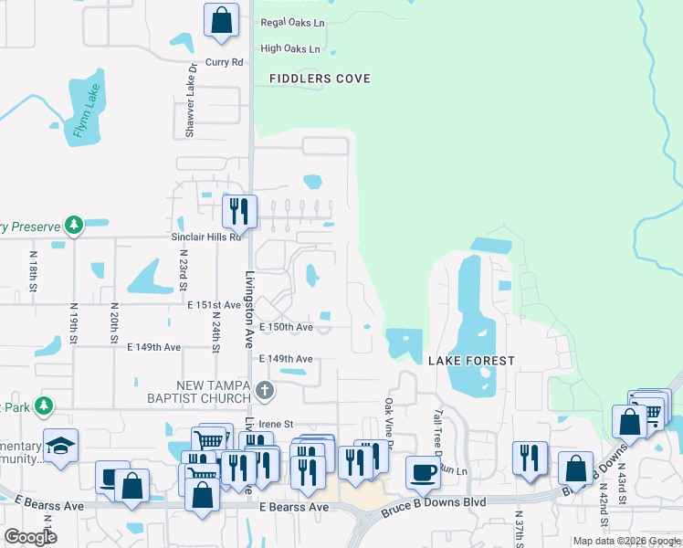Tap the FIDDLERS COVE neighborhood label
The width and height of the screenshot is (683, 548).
coord(320,79)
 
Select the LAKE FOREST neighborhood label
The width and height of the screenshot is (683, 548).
coord(472,362)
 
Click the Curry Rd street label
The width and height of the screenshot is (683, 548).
coord(225,62)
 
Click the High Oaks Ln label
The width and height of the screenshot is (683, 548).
coord(290,48)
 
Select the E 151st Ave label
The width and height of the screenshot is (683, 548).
coord(214,305)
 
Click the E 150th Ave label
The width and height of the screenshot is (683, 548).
coord(286,327)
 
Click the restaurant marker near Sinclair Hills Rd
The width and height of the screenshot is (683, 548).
coord(238,210)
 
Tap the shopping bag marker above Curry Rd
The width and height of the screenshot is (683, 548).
coord(221,20)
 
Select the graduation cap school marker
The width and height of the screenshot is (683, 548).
coord(60,446)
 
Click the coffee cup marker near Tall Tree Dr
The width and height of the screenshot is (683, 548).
coord(423,471)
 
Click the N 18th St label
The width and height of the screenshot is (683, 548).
coord(32,272)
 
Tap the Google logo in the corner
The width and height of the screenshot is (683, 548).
coord(29,537)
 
